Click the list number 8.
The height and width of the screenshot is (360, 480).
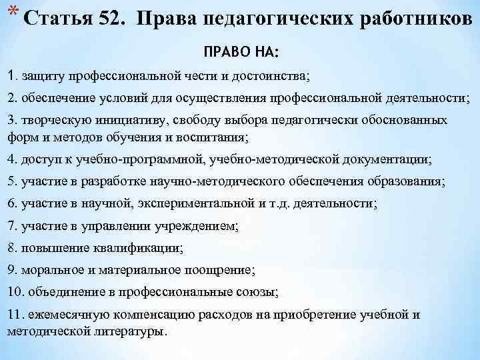[x=10, y=248]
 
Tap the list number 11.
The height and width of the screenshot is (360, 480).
[x=13, y=315]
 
